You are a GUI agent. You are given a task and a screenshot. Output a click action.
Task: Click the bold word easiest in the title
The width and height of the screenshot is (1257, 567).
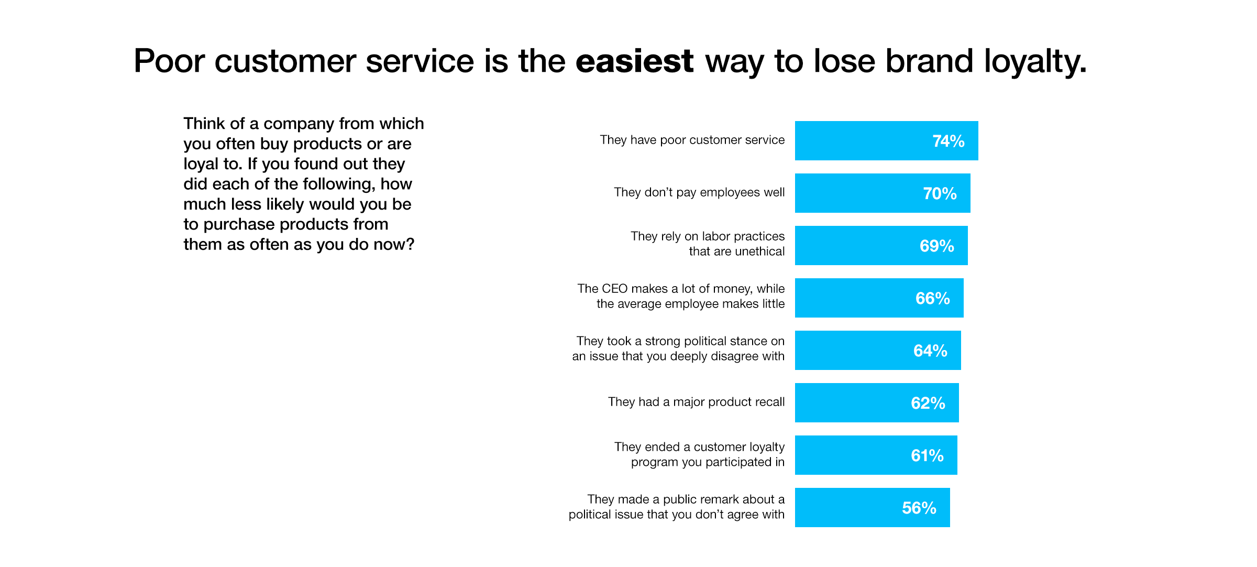tap(634, 61)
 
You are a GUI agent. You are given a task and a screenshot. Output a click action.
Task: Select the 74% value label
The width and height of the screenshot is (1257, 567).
tap(948, 141)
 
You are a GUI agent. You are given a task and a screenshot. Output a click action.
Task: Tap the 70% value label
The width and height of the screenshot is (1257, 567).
tap(940, 193)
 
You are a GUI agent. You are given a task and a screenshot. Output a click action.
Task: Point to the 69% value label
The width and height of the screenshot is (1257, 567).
tap(936, 246)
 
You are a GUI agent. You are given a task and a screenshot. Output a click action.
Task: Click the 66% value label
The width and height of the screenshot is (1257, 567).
tap(932, 298)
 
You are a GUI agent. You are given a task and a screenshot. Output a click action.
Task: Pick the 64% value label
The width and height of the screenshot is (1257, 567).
tap(930, 351)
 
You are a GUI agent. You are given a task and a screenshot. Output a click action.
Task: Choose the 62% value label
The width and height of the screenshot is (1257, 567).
tap(928, 403)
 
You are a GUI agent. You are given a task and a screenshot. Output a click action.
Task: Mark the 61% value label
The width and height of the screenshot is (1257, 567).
tap(927, 455)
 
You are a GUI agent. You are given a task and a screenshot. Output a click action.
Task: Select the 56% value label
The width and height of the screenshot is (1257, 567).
tap(919, 508)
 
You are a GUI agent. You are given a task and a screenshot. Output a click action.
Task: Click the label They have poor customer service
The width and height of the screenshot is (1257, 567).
tap(692, 140)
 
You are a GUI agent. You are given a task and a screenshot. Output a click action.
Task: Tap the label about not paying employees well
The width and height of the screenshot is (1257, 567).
tap(699, 192)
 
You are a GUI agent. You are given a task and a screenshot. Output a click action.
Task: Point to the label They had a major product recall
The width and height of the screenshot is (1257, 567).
tap(696, 402)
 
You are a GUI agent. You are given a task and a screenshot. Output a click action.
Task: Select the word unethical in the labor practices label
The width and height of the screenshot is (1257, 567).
tap(760, 252)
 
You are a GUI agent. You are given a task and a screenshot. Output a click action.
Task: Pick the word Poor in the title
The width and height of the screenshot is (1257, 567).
tap(169, 61)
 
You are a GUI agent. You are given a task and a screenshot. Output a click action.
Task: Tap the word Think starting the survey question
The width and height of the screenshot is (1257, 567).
tap(204, 124)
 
